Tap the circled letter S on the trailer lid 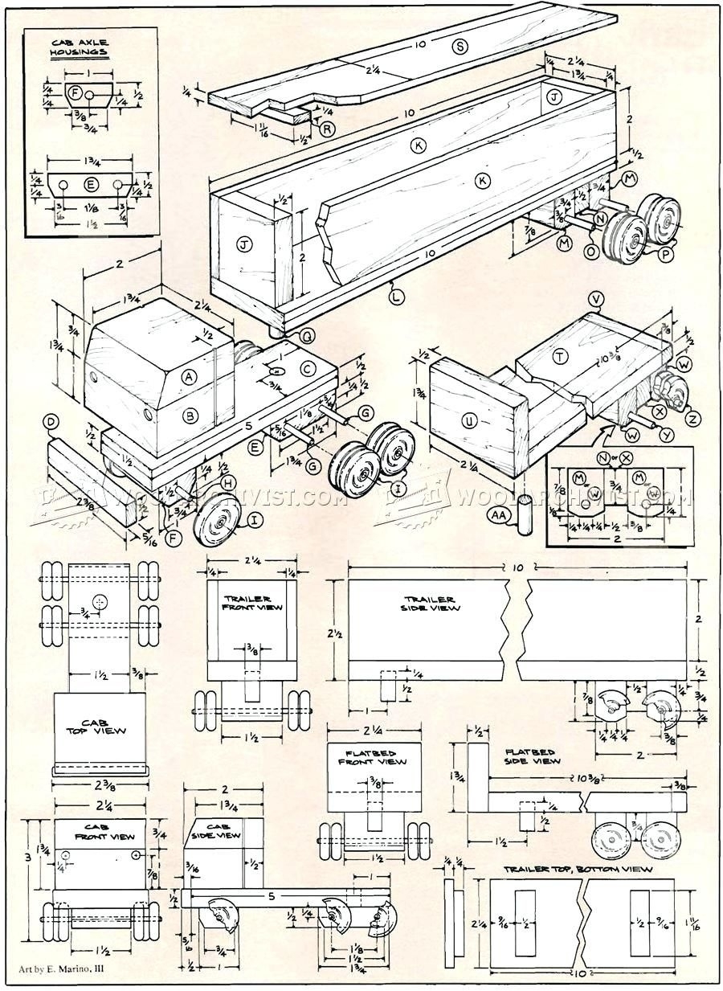[460, 47]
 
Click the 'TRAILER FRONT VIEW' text [248, 604]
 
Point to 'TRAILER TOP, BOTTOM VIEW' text [578, 869]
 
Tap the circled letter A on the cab [190, 375]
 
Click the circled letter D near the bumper [52, 422]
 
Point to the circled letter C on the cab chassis [308, 369]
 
